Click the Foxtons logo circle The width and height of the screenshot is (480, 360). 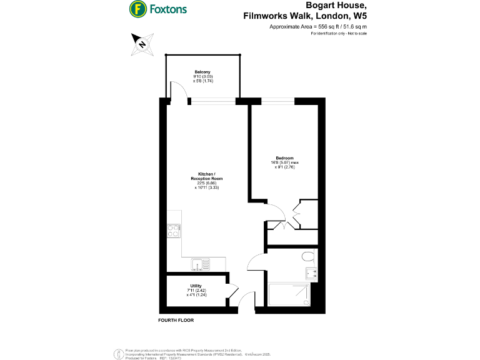[x=138, y=9]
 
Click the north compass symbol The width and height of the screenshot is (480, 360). [x=142, y=44]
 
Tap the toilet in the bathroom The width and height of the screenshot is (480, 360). [x=307, y=256]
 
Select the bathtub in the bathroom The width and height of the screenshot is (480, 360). [x=289, y=294]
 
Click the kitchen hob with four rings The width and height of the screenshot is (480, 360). [x=174, y=232]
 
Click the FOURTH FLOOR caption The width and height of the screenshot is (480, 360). [x=176, y=320]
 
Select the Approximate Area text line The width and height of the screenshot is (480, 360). [x=318, y=27]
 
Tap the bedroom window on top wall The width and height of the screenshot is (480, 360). [x=277, y=101]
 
